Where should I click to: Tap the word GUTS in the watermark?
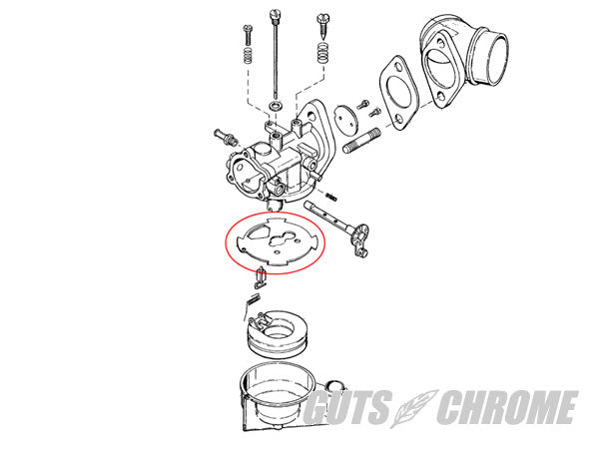pyautogui.click(x=347, y=407)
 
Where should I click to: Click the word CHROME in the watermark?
pyautogui.click(x=508, y=407)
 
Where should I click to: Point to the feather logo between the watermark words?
pyautogui.click(x=413, y=408)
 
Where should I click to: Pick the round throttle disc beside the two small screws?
pyautogui.click(x=346, y=119)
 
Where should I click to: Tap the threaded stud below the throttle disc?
pyautogui.click(x=361, y=142)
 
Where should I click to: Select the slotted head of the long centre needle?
pyautogui.click(x=274, y=15)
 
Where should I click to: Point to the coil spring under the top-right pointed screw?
pyautogui.click(x=323, y=53)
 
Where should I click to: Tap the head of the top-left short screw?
pyautogui.click(x=248, y=28)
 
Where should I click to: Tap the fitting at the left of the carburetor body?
pyautogui.click(x=225, y=137)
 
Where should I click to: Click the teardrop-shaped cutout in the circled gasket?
pyautogui.click(x=258, y=232)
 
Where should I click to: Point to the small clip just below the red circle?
pyautogui.click(x=261, y=278)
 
